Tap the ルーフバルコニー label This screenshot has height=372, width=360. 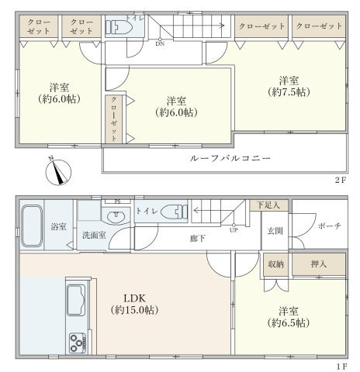click(x=229, y=158)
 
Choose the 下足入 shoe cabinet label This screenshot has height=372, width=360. click(x=268, y=205)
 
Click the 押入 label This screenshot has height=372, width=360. click(x=319, y=264)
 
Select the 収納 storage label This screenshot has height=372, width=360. click(x=275, y=264)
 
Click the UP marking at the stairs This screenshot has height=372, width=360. click(x=233, y=229)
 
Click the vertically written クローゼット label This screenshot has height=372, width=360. click(x=114, y=119)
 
